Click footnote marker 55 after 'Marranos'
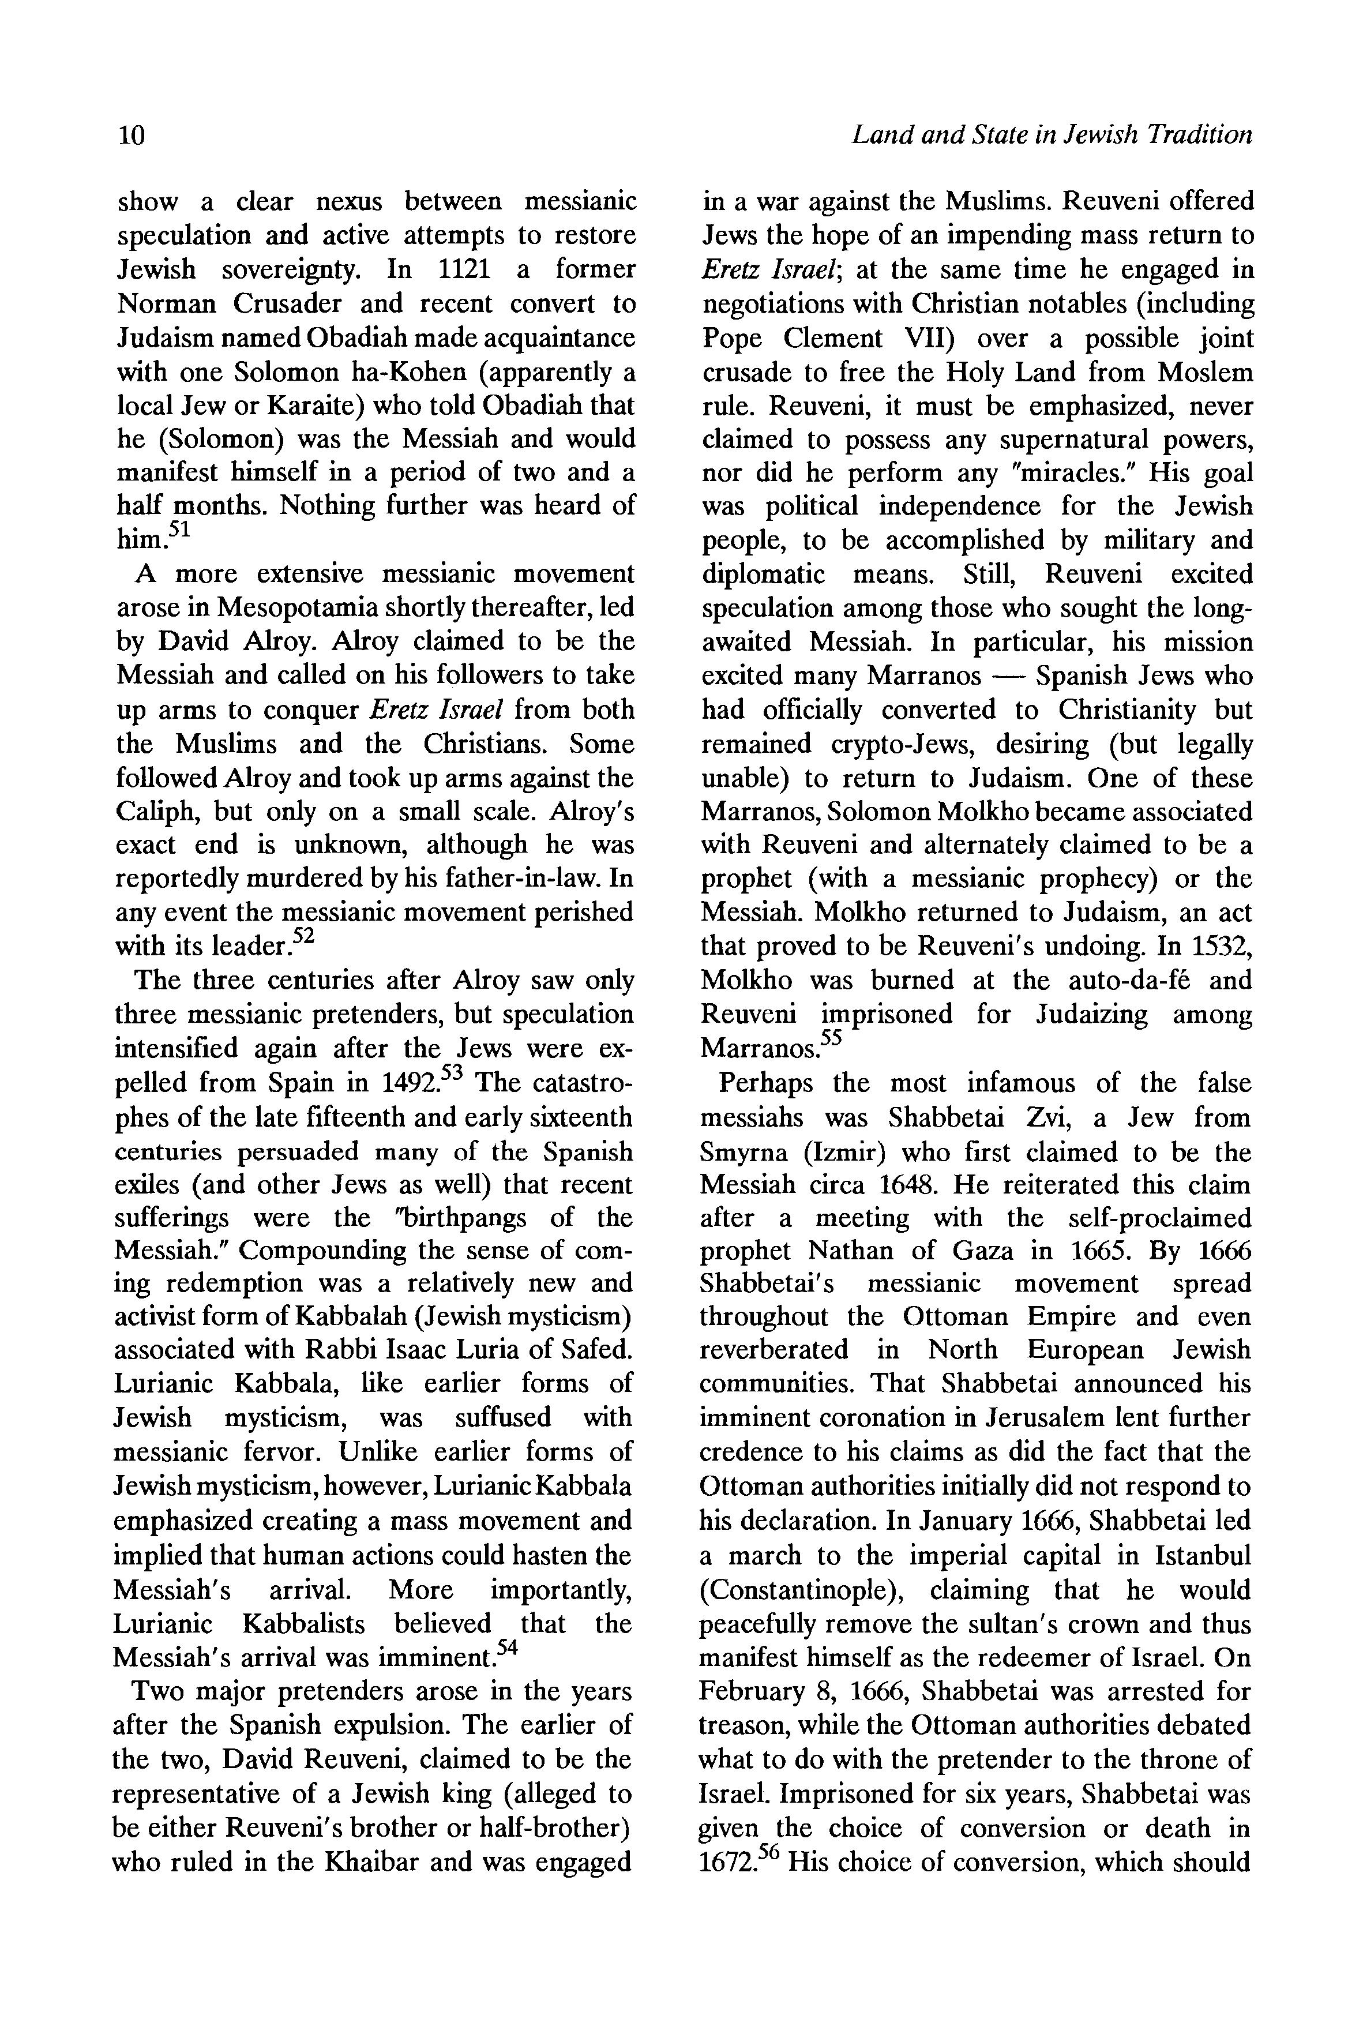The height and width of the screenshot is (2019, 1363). pos(832,1038)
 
